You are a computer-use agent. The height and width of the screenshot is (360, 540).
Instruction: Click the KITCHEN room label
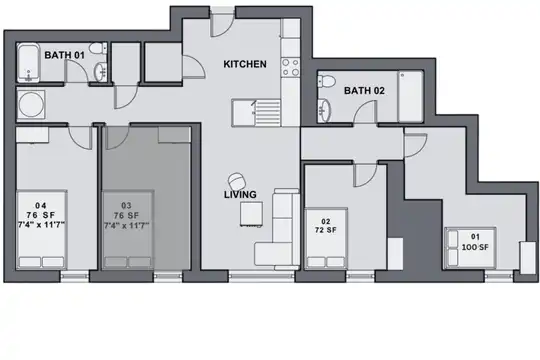click(x=245, y=64)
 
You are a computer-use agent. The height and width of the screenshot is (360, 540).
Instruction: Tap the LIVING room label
click(x=240, y=194)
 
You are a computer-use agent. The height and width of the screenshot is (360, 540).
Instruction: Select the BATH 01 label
click(x=64, y=55)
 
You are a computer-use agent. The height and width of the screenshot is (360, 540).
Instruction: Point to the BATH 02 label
click(x=364, y=91)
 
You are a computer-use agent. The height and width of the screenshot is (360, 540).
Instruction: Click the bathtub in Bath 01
click(x=29, y=63)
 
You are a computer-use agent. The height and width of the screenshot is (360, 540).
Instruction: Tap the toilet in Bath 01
click(x=98, y=48)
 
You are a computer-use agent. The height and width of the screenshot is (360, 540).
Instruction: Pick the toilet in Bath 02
click(x=326, y=81)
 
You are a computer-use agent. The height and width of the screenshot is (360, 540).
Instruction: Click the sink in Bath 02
click(x=324, y=110)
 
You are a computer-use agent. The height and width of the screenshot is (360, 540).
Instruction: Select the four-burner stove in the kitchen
click(x=291, y=67)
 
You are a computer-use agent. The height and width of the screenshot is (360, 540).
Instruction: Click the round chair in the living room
click(x=237, y=181)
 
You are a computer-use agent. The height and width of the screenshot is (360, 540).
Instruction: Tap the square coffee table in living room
click(x=251, y=214)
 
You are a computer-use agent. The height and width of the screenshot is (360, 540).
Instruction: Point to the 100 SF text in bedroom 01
click(x=475, y=247)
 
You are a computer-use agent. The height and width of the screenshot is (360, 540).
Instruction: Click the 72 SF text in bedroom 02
click(x=325, y=230)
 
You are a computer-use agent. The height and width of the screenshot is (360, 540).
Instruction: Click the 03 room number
click(x=126, y=206)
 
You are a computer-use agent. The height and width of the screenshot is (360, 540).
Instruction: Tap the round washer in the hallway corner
click(x=31, y=105)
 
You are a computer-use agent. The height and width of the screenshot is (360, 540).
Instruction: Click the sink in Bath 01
click(x=101, y=72)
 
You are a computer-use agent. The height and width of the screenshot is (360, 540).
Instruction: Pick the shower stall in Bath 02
click(x=411, y=96)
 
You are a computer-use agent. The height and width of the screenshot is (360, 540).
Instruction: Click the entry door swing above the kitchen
click(x=222, y=25)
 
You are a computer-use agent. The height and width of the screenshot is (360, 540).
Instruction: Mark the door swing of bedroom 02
click(x=365, y=176)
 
